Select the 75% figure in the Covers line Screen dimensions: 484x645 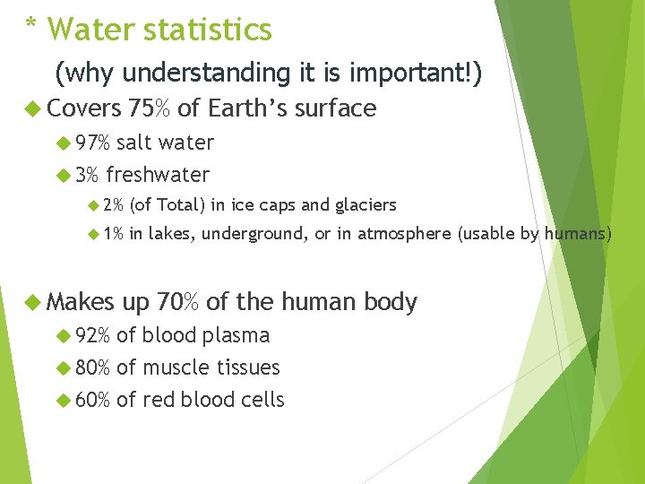click(x=150, y=108)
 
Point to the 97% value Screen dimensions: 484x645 click(x=92, y=143)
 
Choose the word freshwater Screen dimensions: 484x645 click(x=158, y=175)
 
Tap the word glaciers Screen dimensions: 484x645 click(x=365, y=205)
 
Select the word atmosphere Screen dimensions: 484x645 click(x=406, y=235)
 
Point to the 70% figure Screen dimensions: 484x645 click(x=177, y=302)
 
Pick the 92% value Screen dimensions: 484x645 click(x=92, y=335)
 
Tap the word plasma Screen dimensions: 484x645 click(x=236, y=335)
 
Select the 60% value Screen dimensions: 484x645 click(x=92, y=400)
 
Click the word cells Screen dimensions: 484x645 click(x=262, y=400)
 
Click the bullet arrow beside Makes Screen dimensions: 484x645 click(x=31, y=303)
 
